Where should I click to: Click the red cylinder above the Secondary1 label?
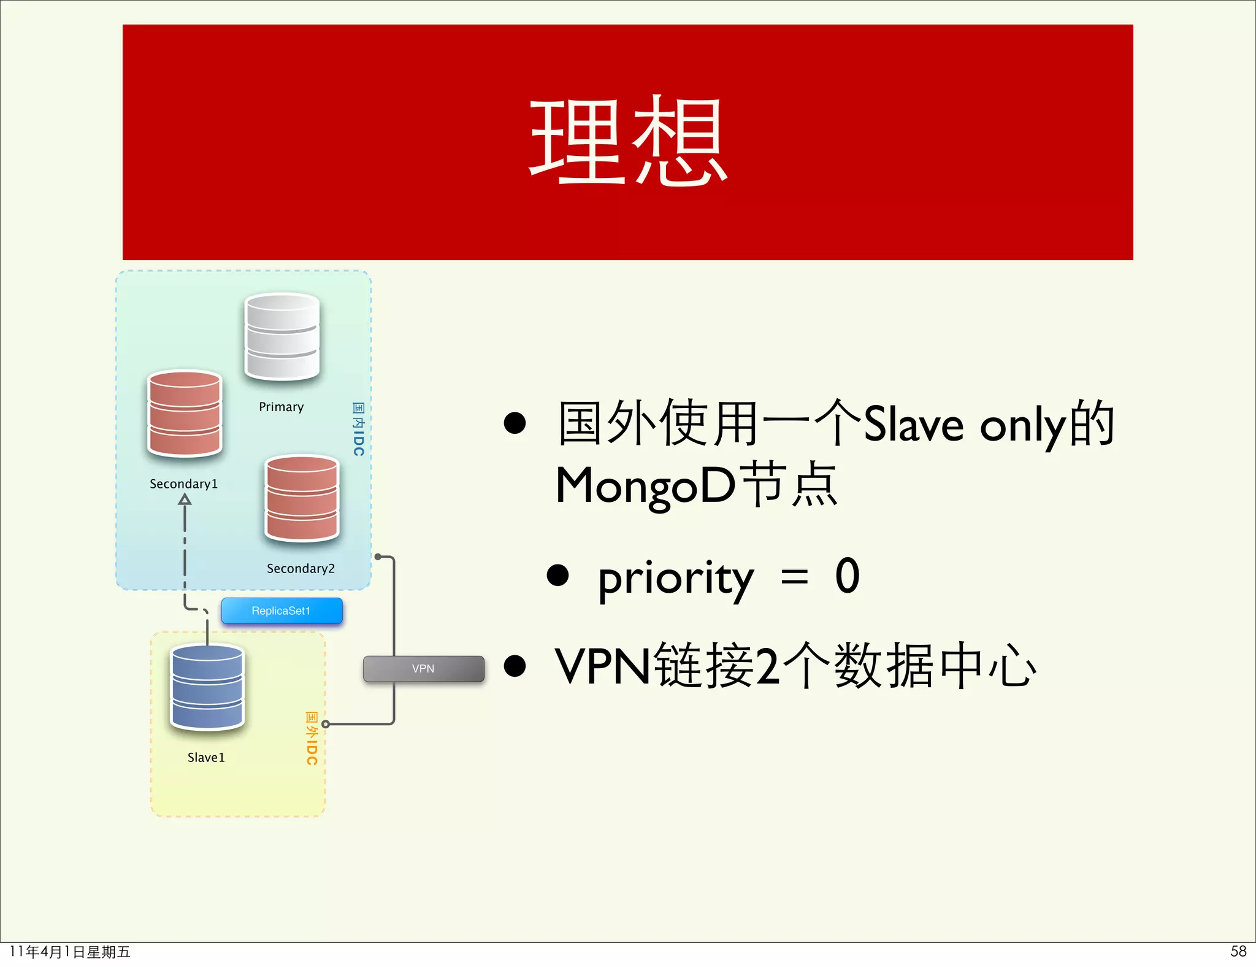185,414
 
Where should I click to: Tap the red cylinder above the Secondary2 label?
302,498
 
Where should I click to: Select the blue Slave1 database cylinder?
207,687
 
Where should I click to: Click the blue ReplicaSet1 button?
281,611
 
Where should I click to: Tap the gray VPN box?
423,668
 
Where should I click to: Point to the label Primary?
281,407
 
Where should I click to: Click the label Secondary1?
183,484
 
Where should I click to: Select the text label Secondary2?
301,568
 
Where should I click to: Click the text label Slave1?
206,757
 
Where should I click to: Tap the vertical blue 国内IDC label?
359,429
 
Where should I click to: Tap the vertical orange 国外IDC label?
312,738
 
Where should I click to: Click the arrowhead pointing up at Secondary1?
185,499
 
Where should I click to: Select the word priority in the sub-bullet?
675,578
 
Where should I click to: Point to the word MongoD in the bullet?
645,485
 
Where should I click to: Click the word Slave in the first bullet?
913,423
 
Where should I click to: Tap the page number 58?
1238,951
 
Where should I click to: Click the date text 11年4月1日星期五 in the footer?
70,952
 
